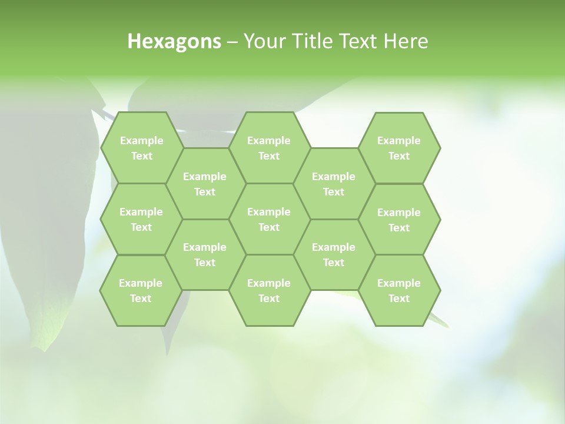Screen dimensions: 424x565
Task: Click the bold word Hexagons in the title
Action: pyautogui.click(x=174, y=41)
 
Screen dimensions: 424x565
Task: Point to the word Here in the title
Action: pyautogui.click(x=406, y=41)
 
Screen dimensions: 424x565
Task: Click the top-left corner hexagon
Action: pyautogui.click(x=142, y=148)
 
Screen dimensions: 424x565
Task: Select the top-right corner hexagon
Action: pyautogui.click(x=399, y=148)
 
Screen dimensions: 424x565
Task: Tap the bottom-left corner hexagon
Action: pyautogui.click(x=141, y=290)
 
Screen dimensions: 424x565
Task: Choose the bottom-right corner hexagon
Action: pyautogui.click(x=399, y=290)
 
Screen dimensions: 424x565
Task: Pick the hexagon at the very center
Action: pyautogui.click(x=269, y=219)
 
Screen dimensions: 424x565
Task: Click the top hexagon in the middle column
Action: pyautogui.click(x=269, y=148)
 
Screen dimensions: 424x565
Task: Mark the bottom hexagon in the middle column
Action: pyautogui.click(x=269, y=290)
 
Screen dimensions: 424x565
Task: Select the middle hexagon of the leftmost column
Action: pyautogui.click(x=141, y=219)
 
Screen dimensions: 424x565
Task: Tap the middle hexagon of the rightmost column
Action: pyautogui.click(x=399, y=220)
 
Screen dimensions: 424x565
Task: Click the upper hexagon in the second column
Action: pyautogui.click(x=205, y=184)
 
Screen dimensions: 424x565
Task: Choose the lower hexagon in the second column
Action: pyautogui.click(x=205, y=254)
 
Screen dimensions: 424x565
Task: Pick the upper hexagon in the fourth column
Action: pyautogui.click(x=334, y=184)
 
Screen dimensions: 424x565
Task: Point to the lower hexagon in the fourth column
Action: pyautogui.click(x=334, y=254)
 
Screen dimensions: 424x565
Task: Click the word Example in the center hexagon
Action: pyautogui.click(x=269, y=212)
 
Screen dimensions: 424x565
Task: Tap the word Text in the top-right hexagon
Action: pyautogui.click(x=399, y=156)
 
